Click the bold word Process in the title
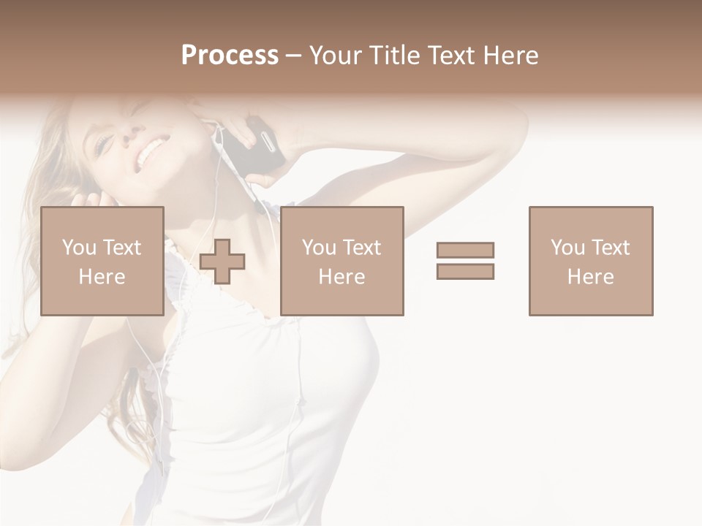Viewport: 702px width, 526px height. (x=230, y=56)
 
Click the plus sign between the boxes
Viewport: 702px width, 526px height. (x=222, y=262)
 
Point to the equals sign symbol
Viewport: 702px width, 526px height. (x=465, y=261)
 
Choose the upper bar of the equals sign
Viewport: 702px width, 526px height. (x=465, y=250)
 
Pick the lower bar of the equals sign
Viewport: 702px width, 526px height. (x=465, y=272)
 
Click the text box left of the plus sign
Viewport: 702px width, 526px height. (x=102, y=261)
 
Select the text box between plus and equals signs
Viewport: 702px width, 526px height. (x=341, y=261)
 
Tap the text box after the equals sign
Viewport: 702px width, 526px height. (x=590, y=261)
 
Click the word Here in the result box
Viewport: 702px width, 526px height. (x=590, y=277)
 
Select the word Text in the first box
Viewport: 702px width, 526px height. (x=121, y=248)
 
